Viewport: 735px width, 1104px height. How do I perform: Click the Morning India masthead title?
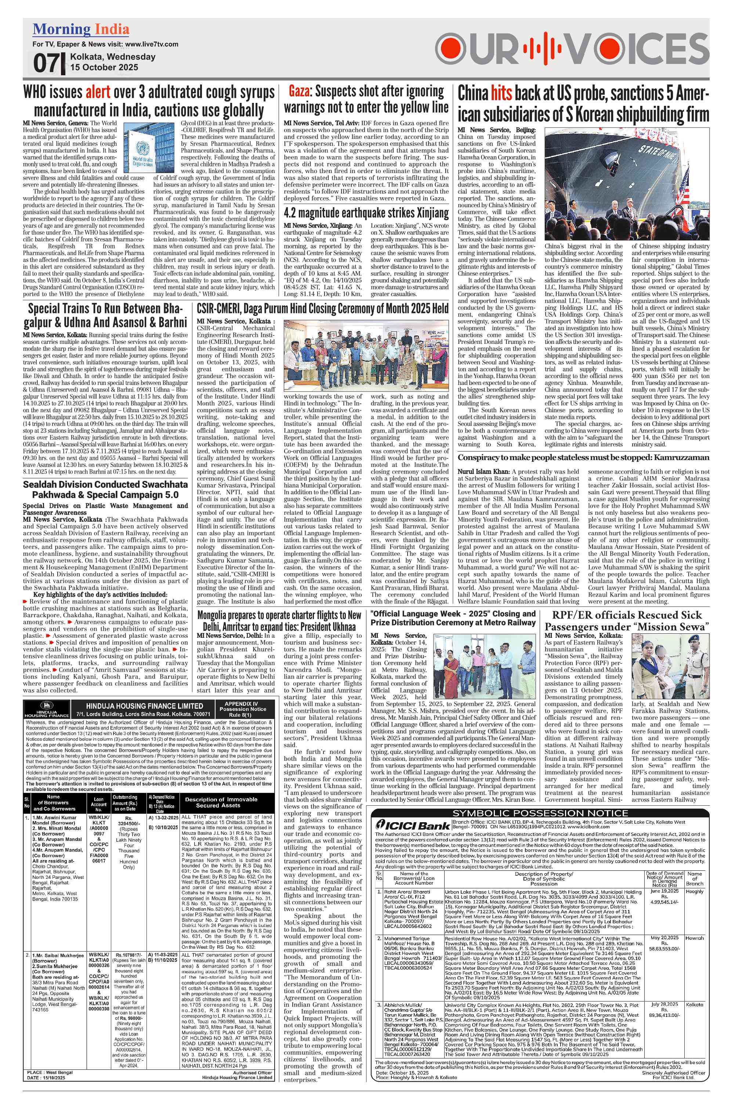click(81, 29)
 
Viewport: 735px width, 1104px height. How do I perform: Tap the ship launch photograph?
click(627, 184)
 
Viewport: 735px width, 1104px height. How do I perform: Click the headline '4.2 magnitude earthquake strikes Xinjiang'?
click(366, 214)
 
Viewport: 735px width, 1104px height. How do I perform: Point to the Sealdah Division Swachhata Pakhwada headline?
click(105, 489)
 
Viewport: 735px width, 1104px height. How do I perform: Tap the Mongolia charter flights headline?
click(279, 621)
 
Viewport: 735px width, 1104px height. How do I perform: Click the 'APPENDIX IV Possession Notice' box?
click(242, 709)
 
